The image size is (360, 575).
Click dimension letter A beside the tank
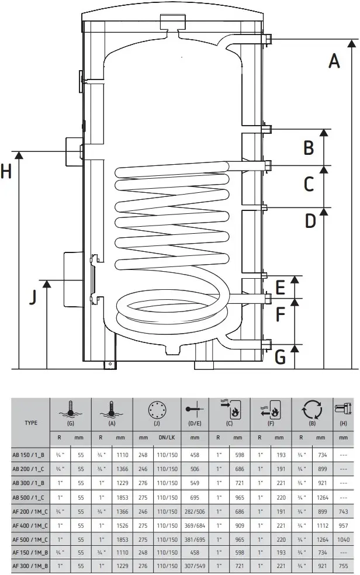tap(334, 60)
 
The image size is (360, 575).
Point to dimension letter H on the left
tap(6, 172)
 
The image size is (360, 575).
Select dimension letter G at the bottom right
tap(281, 355)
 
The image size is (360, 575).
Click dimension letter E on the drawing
tap(281, 287)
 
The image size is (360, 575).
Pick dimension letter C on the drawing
tap(310, 184)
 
